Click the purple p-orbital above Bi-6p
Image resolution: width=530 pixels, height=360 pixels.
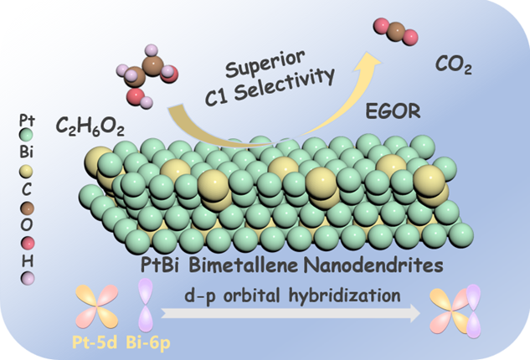tap(144, 303)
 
